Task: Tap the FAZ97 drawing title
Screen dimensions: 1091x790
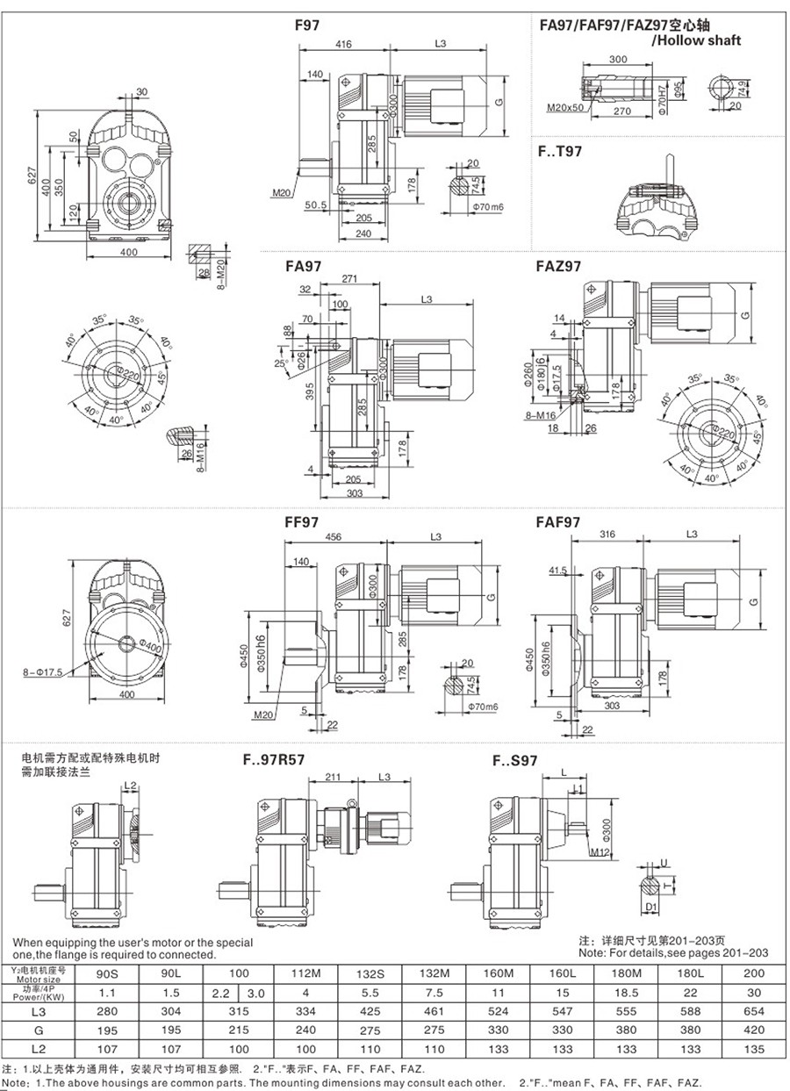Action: (x=557, y=266)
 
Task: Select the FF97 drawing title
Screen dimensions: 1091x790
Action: (x=301, y=521)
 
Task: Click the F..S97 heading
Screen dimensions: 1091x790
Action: (x=514, y=761)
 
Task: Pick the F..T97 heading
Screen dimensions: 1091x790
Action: (x=560, y=151)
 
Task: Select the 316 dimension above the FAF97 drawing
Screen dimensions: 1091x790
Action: (x=606, y=534)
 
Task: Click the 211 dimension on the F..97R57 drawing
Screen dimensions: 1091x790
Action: (x=334, y=777)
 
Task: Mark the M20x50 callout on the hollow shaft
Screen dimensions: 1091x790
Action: (x=564, y=108)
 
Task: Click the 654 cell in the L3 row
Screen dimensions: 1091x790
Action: (x=752, y=1009)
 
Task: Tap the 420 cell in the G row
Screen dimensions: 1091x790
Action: (x=752, y=1028)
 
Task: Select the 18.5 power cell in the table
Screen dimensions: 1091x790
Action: (x=625, y=991)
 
